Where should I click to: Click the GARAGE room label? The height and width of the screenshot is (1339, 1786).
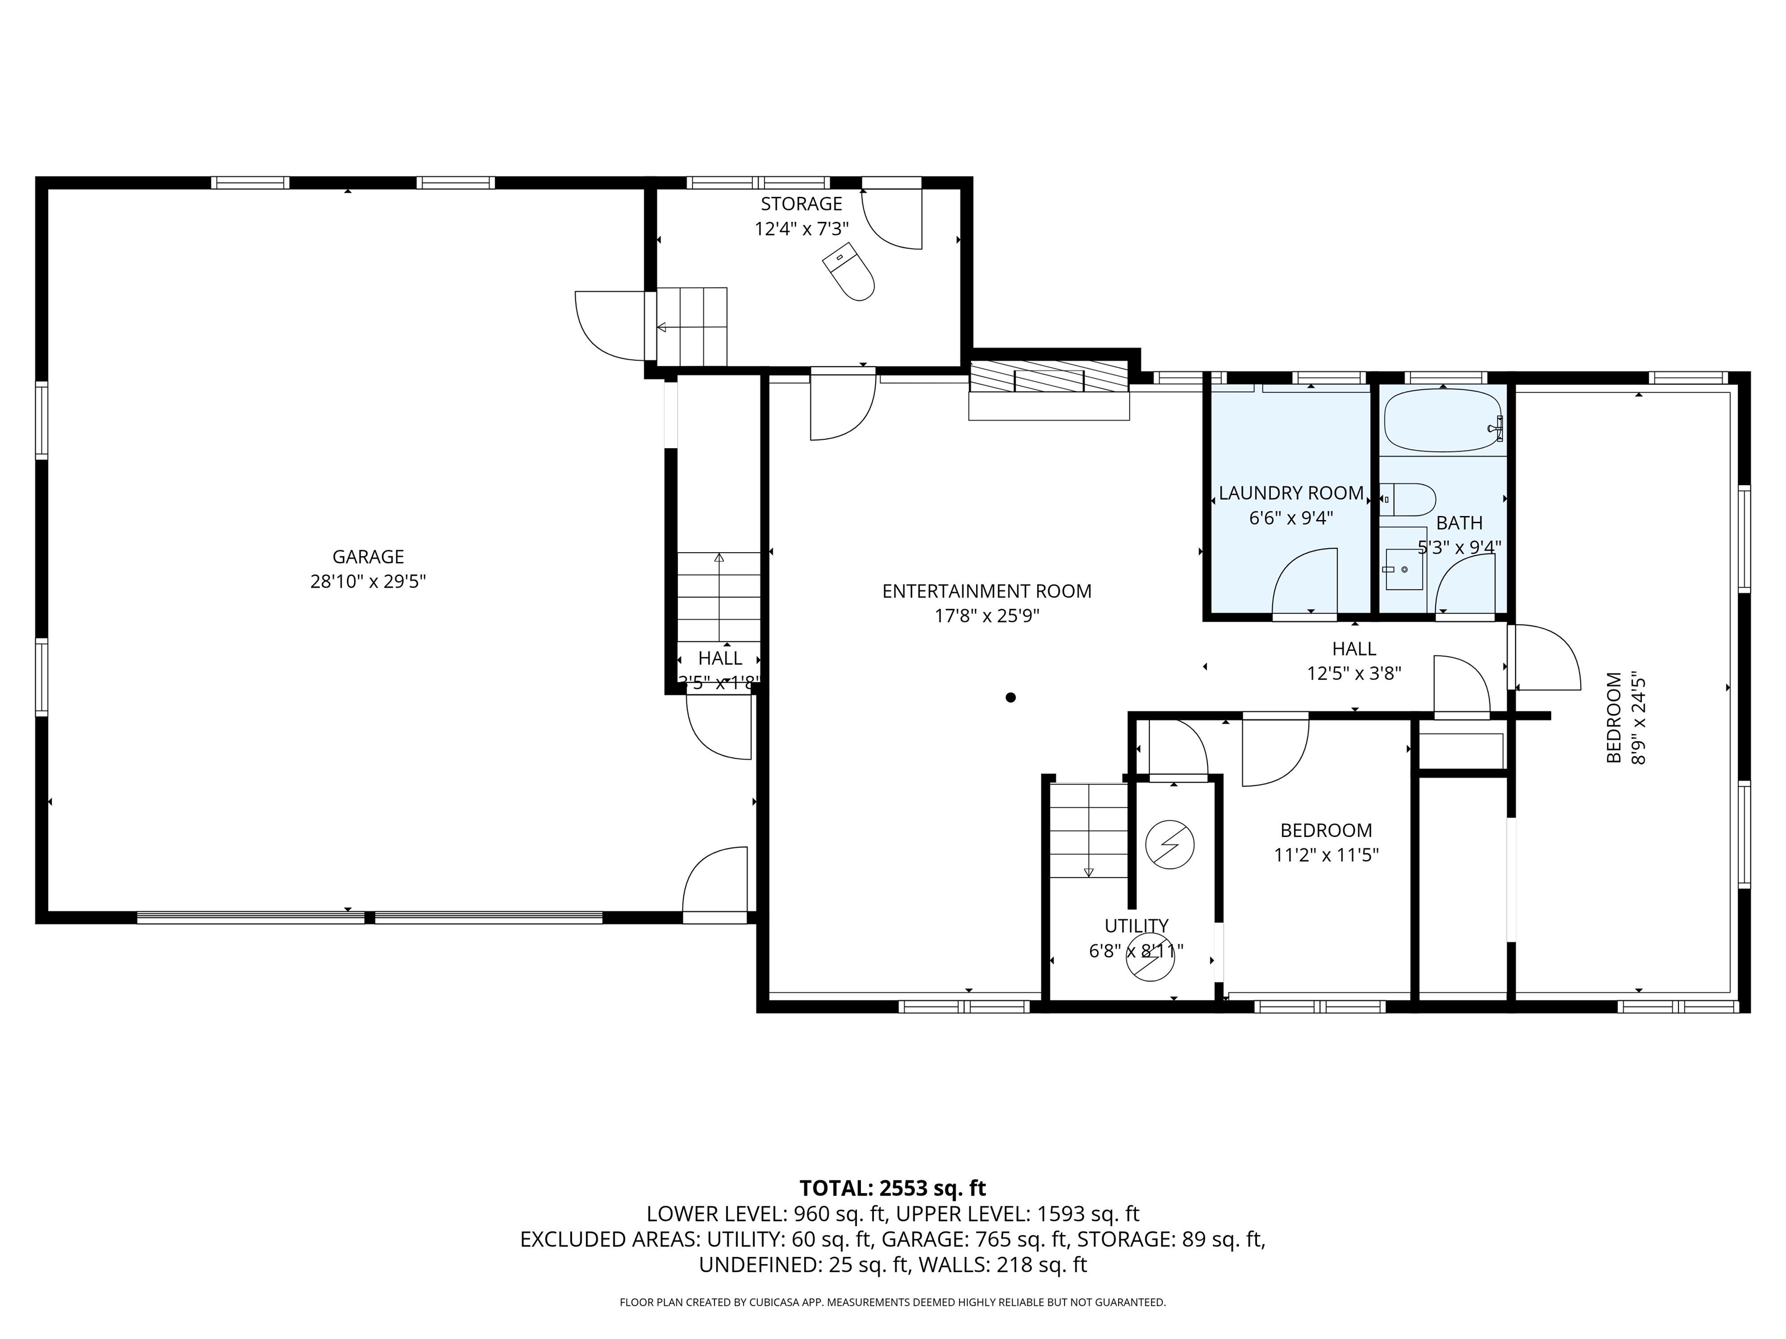point(368,556)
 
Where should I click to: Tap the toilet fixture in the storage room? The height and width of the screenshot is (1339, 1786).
point(849,272)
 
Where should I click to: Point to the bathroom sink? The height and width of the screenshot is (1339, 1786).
point(1404,570)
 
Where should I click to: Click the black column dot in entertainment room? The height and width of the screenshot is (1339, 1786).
point(1010,697)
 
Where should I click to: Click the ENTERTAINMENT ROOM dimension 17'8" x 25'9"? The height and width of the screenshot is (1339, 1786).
point(987,617)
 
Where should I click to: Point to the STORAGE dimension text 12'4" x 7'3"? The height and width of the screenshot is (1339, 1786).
point(801,229)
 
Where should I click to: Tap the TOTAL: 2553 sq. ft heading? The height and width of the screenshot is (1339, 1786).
point(892,1188)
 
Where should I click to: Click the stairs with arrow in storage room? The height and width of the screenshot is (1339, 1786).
point(692,327)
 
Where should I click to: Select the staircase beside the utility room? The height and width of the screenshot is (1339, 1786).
point(1088,831)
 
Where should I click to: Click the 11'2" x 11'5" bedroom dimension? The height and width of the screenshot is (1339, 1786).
point(1326,855)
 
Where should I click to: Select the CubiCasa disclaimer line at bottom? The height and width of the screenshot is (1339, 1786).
point(892,1302)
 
